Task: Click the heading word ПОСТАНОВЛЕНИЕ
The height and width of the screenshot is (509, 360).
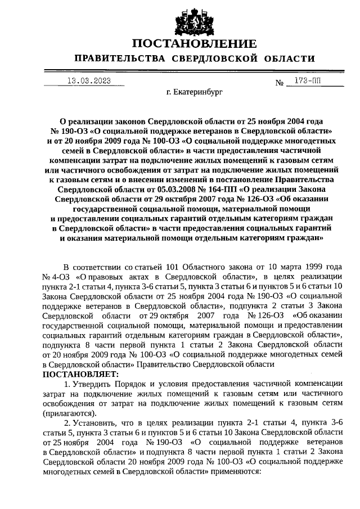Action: (195, 43)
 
